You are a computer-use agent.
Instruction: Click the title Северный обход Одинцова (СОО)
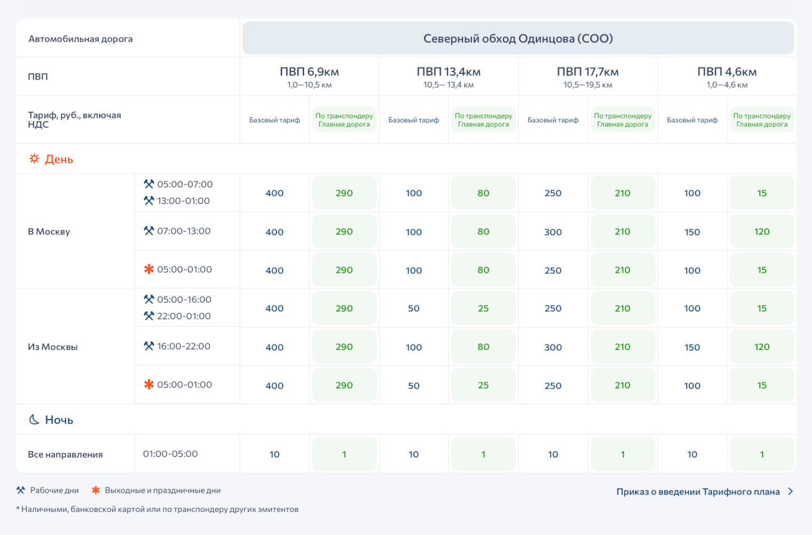518,38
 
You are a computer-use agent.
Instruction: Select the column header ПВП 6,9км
309,72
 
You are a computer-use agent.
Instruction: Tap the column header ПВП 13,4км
448,72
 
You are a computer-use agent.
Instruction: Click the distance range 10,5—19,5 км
588,85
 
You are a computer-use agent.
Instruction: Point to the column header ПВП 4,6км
727,72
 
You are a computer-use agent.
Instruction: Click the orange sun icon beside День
34,159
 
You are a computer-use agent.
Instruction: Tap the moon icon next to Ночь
34,420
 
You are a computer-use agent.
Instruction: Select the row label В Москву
49,231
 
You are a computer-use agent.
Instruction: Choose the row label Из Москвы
52,347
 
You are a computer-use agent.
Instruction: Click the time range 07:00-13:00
184,231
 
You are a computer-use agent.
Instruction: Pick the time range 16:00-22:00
184,346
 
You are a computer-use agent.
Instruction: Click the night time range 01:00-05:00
170,454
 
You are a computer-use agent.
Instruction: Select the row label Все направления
65,454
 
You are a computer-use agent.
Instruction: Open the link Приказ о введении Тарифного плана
698,492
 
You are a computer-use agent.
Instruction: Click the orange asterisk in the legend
96,490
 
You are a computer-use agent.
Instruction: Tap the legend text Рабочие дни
54,490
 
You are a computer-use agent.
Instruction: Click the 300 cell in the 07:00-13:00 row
553,232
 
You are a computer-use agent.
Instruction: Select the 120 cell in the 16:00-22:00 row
762,347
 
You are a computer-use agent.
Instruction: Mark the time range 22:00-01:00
184,316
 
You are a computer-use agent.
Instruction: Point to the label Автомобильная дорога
81,39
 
